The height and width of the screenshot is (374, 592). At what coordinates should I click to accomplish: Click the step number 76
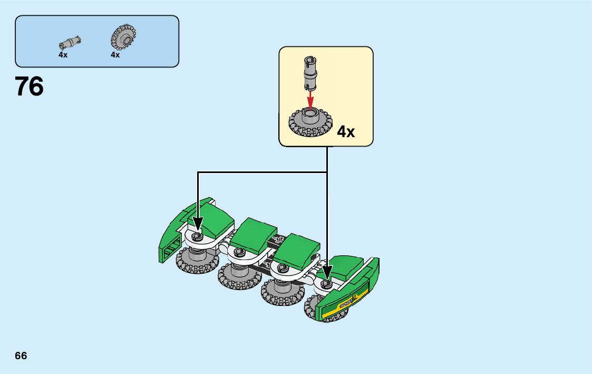(x=30, y=87)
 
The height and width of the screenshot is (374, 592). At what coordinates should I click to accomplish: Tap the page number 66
(x=21, y=356)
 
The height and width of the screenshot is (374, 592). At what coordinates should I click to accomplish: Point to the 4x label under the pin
(x=63, y=55)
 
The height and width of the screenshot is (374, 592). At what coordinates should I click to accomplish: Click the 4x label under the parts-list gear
(x=115, y=55)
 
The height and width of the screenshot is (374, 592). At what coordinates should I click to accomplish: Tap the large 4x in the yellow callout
(x=346, y=131)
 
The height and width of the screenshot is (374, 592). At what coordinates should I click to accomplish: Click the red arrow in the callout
(x=310, y=99)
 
